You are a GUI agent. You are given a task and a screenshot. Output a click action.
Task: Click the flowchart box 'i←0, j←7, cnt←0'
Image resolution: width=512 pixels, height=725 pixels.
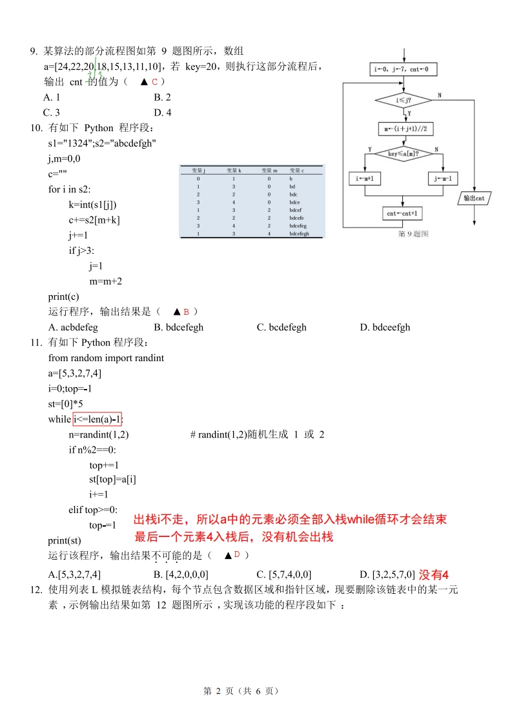click(401, 69)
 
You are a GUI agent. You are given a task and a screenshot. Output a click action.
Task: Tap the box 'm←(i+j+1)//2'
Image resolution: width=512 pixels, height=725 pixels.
click(404, 129)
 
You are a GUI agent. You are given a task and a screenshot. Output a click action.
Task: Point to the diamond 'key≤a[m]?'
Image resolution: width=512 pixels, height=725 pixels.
click(403, 154)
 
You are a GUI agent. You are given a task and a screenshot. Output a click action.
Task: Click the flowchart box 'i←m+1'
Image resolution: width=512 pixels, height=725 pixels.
click(365, 178)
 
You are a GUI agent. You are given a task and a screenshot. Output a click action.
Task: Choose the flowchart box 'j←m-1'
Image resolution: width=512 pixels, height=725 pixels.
click(442, 178)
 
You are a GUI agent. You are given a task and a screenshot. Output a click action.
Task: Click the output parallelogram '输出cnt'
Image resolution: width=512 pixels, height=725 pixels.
click(474, 198)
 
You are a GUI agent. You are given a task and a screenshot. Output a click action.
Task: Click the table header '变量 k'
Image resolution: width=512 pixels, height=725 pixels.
click(233, 170)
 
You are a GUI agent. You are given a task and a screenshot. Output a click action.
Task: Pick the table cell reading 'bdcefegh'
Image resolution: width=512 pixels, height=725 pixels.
click(300, 234)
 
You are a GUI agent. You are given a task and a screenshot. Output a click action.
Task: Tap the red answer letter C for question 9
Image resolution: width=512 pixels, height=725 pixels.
click(155, 82)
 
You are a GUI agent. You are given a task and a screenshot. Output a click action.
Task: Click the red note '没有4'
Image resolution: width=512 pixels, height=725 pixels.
click(433, 574)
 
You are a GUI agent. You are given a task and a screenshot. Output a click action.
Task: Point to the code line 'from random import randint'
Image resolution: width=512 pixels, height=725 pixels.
click(106, 357)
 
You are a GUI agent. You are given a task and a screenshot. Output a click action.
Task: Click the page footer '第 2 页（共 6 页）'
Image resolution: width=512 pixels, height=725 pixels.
click(241, 691)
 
